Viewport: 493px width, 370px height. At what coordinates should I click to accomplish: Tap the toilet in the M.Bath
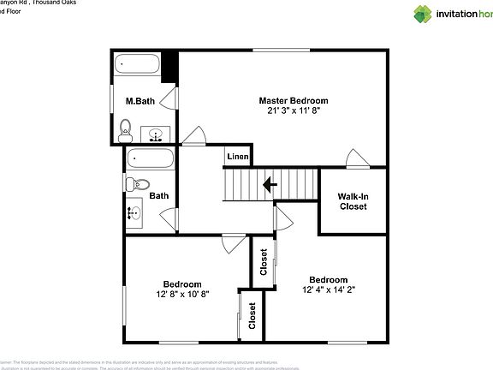tap(125, 131)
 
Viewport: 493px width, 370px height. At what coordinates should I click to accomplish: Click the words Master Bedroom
tap(294, 100)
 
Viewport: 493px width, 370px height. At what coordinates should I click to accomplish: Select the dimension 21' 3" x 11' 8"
tap(294, 111)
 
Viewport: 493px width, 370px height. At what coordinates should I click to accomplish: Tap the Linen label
tap(238, 158)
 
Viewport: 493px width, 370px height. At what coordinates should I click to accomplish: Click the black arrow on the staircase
tap(270, 183)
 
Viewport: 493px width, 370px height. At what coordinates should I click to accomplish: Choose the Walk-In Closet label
tap(353, 201)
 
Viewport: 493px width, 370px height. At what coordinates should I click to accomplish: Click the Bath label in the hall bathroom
tap(159, 195)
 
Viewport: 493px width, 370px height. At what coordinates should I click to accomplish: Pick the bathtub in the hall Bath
tap(150, 158)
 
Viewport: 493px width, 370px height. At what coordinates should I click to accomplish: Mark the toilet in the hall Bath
tap(138, 183)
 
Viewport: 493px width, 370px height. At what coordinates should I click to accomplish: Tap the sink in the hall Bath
tap(135, 211)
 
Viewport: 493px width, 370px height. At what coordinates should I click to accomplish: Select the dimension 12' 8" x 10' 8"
tap(182, 295)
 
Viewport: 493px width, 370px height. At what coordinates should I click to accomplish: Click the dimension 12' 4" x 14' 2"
tap(329, 290)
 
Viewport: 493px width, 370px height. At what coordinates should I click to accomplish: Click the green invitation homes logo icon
tap(424, 13)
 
